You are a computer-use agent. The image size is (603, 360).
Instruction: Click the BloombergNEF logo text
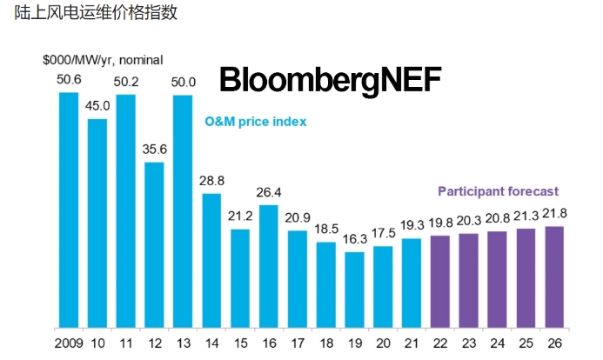[x=330, y=80]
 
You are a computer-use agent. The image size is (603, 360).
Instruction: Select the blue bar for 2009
[x=69, y=209]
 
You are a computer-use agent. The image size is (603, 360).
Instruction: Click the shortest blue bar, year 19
[x=354, y=289]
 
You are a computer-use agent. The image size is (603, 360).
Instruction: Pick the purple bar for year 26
[x=553, y=276]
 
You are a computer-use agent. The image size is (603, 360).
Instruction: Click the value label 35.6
[x=154, y=149]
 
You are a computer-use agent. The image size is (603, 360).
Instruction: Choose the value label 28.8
[x=211, y=180]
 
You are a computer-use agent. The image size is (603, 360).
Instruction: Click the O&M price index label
[x=256, y=122]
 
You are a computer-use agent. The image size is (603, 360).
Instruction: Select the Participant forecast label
[x=498, y=191]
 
